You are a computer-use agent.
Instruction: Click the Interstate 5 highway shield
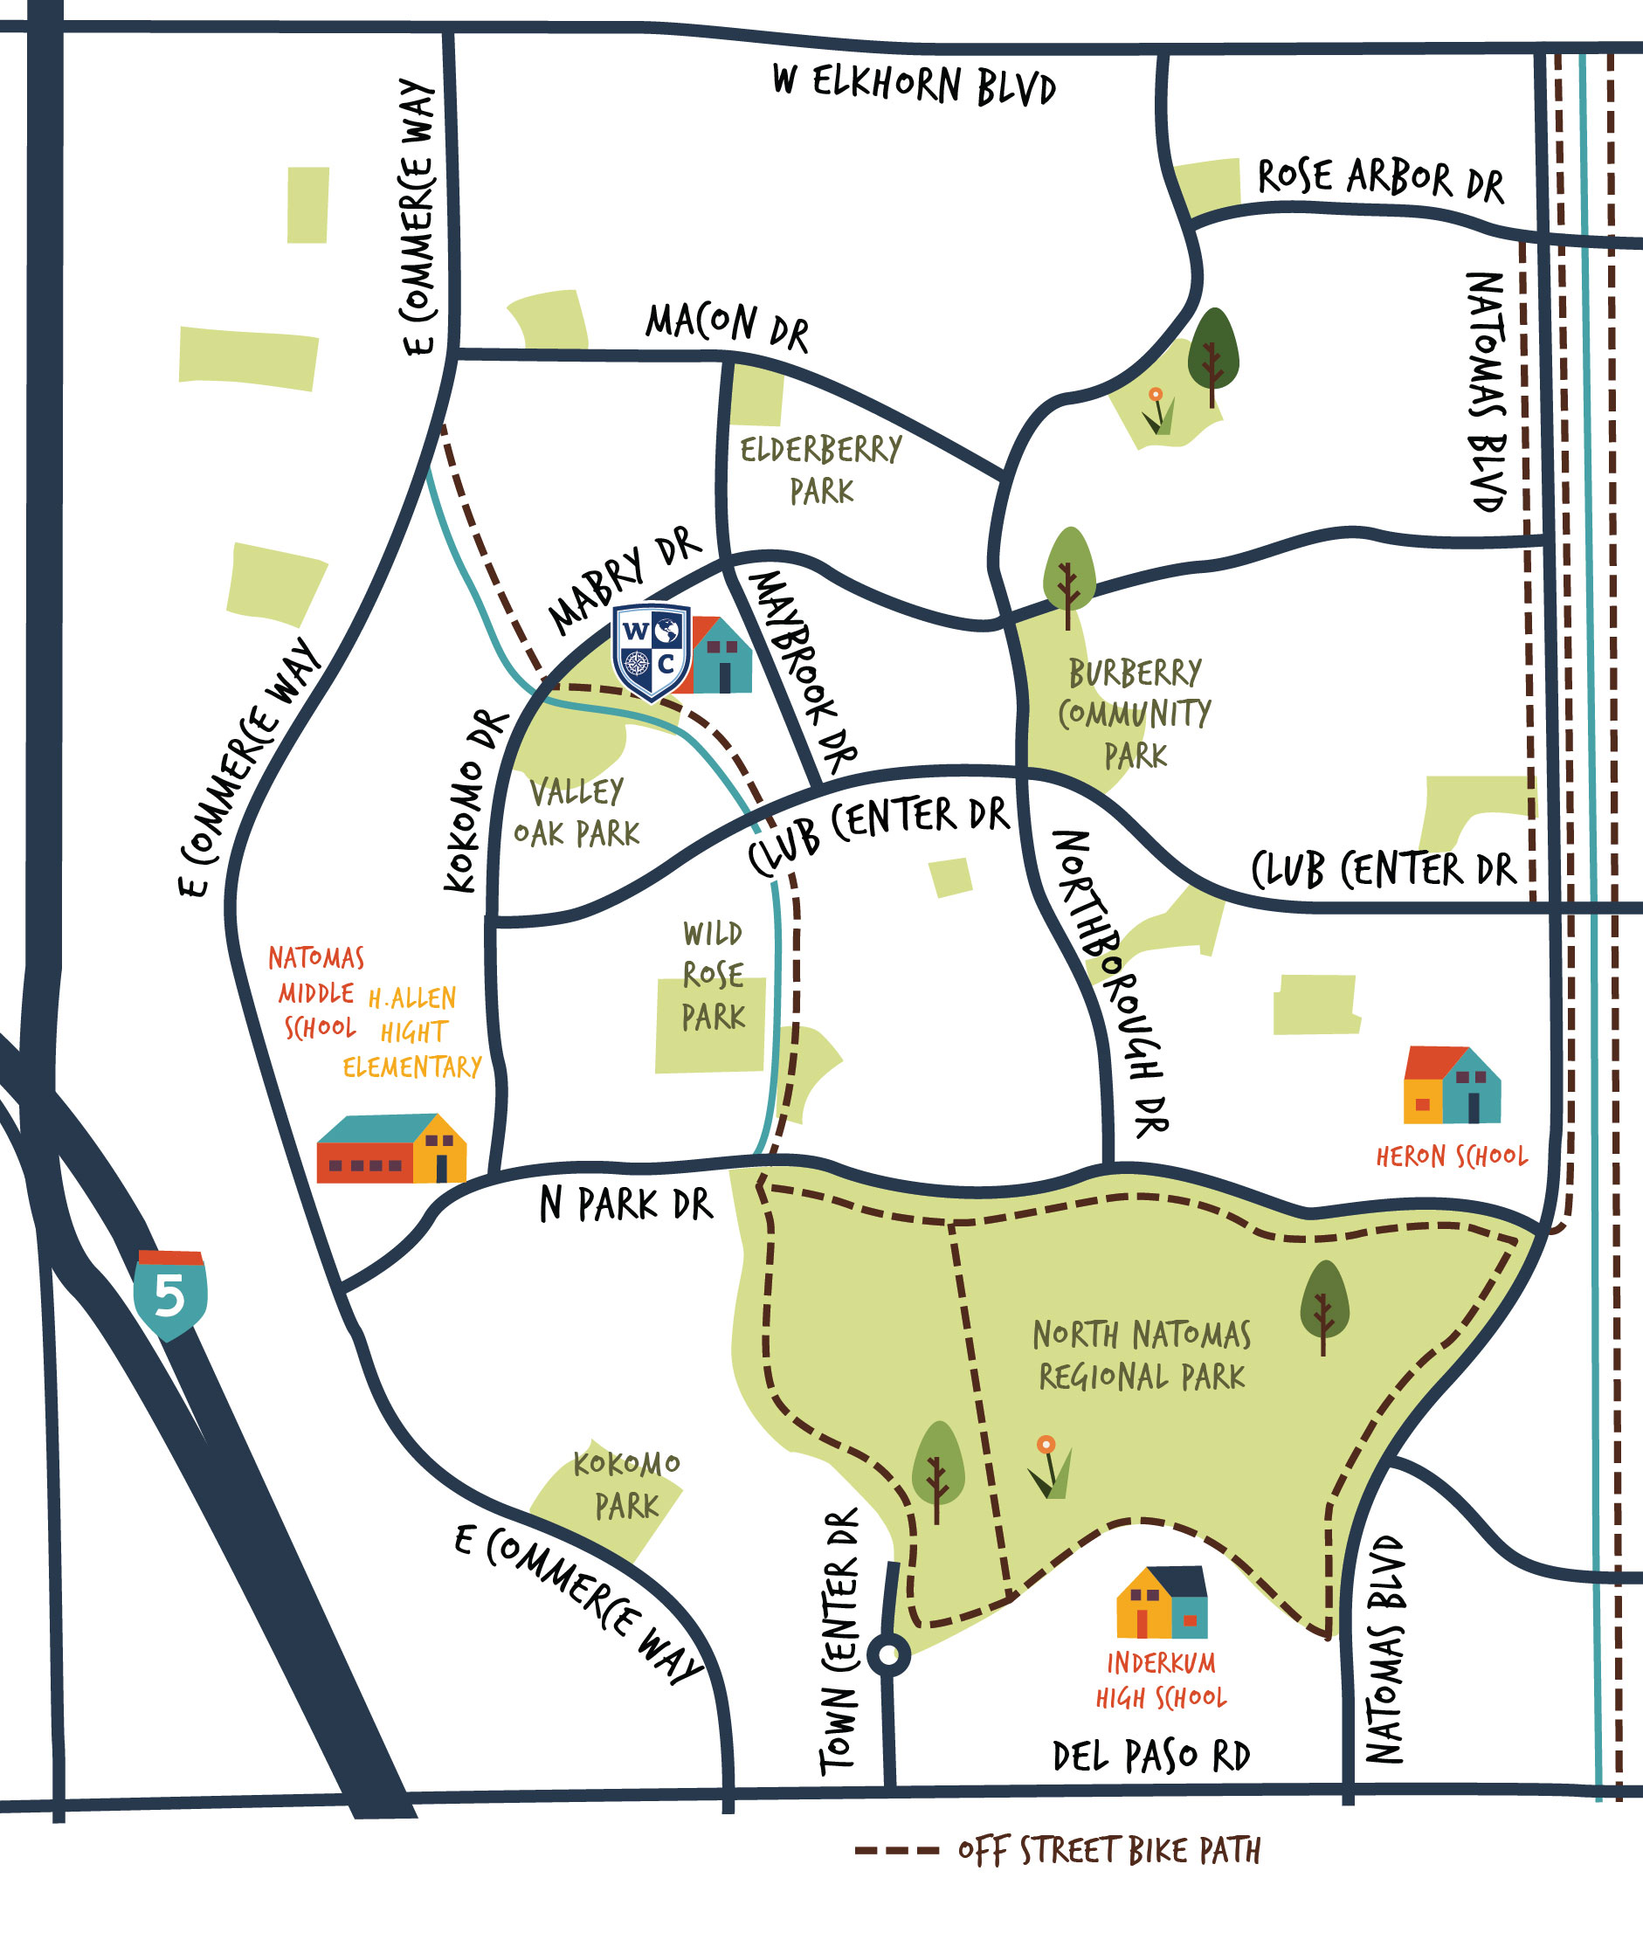click(169, 1294)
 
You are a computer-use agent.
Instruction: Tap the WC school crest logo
click(651, 651)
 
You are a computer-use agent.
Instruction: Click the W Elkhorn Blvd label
click(914, 85)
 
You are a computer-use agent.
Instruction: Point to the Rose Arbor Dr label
click(1380, 180)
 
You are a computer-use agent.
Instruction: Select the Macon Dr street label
click(728, 326)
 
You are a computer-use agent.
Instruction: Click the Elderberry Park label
click(820, 470)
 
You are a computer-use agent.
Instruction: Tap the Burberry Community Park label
click(1135, 714)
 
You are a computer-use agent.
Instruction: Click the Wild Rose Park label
click(714, 975)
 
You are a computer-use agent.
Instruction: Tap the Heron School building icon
click(1451, 1086)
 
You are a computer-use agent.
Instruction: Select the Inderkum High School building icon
click(1163, 1602)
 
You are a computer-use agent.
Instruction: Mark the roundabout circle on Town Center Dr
click(888, 1655)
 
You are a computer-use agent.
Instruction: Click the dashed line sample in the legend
click(896, 1850)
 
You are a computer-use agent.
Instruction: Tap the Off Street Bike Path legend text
click(1108, 1850)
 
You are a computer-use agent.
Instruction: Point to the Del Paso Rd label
click(1151, 1757)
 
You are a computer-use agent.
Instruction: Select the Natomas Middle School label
click(315, 993)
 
